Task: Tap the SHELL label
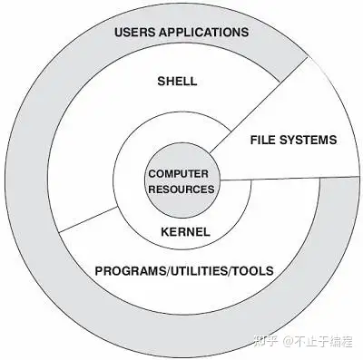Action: click(x=177, y=82)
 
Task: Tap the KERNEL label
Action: click(x=184, y=232)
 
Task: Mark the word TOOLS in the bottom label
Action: click(x=255, y=270)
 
